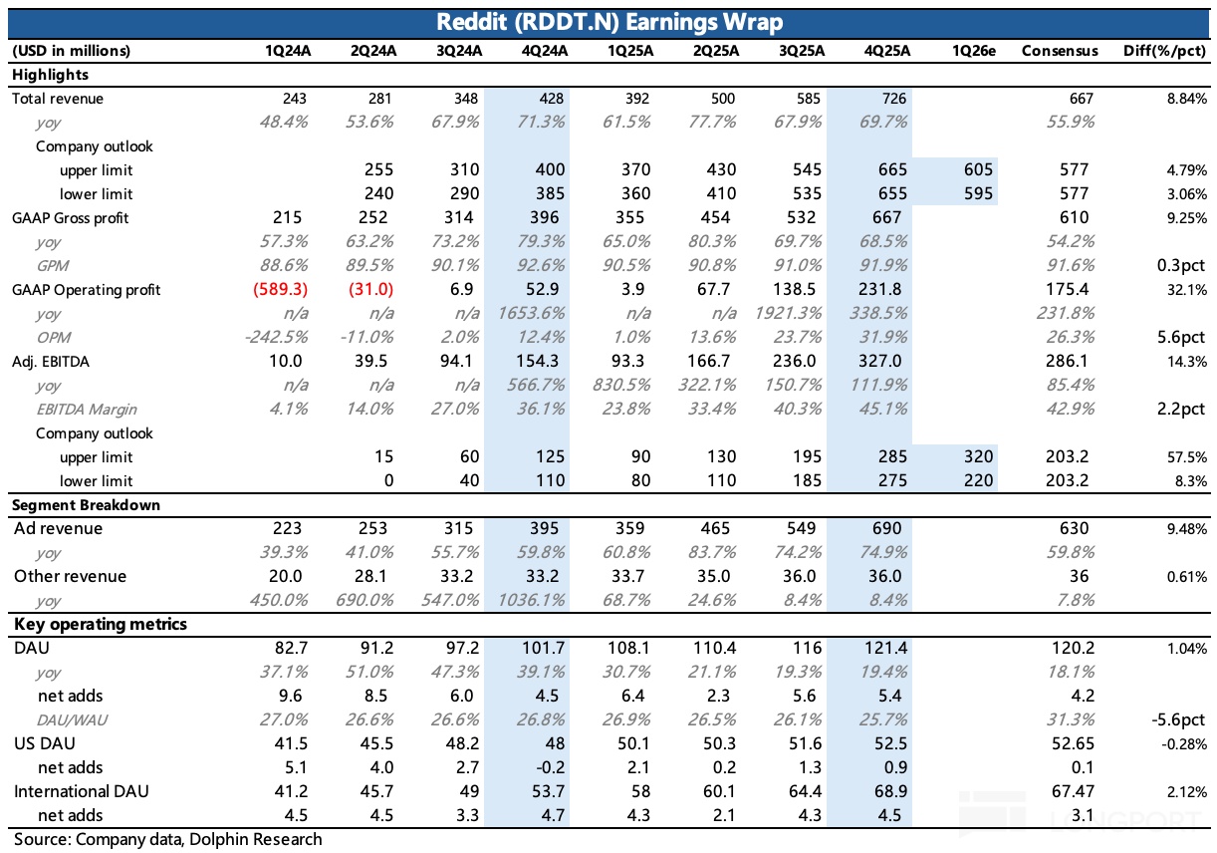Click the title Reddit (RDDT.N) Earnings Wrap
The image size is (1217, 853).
[608, 22]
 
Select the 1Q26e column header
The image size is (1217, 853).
[973, 51]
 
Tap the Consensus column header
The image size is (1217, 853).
[1060, 51]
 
